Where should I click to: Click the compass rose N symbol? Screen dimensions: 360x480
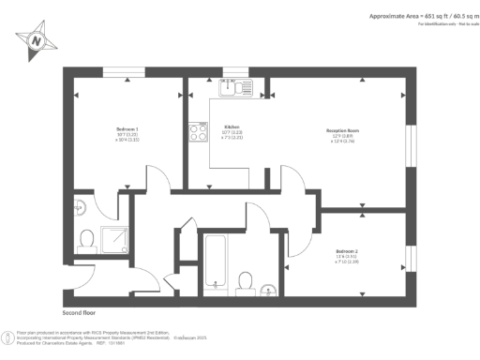(x=36, y=40)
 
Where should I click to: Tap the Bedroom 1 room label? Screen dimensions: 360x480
(x=127, y=132)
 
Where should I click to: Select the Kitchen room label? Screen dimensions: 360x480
(x=232, y=131)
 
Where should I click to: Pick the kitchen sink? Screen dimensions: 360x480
(x=231, y=88)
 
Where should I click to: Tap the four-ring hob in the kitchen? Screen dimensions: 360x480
(x=198, y=133)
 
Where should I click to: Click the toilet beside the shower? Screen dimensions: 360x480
(x=86, y=241)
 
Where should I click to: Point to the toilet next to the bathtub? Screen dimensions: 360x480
(x=247, y=280)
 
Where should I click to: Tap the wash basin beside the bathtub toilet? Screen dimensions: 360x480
(x=269, y=287)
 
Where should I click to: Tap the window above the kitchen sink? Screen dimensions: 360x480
(x=235, y=71)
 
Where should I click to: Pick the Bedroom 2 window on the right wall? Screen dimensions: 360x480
(x=408, y=256)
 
